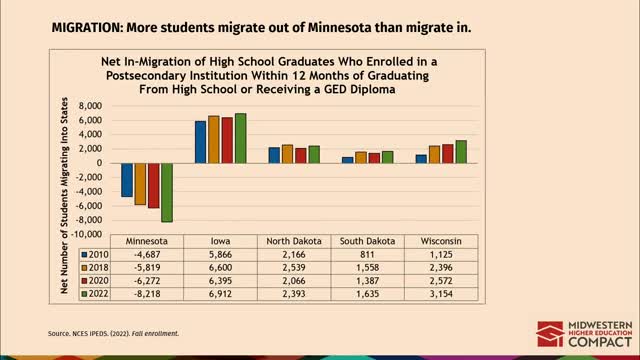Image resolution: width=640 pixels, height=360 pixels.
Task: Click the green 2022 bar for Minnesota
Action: pos(166,192)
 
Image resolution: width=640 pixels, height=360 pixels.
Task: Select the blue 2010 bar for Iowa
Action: pos(200,142)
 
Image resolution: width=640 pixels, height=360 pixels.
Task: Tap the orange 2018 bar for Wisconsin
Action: pos(435,154)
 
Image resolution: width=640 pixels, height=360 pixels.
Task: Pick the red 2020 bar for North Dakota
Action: pos(300,155)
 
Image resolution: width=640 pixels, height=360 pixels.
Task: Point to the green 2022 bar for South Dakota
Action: pos(387,157)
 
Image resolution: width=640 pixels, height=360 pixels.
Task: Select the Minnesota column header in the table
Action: pos(147,242)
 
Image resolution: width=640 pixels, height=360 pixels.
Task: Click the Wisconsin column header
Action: pos(441,242)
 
